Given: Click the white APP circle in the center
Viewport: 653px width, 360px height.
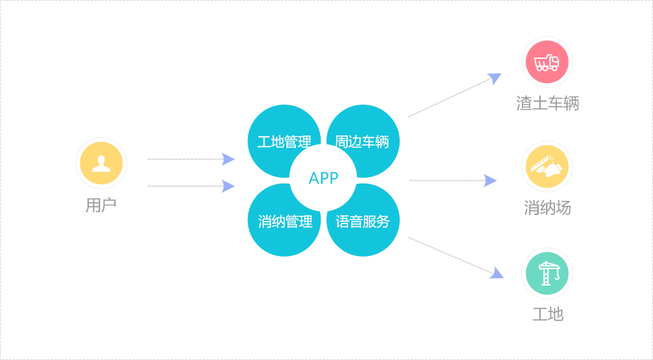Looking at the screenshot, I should pyautogui.click(x=323, y=178).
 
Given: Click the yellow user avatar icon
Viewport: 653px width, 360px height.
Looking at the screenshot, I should pyautogui.click(x=101, y=163).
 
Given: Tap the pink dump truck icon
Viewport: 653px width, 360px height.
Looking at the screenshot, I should pyautogui.click(x=547, y=62).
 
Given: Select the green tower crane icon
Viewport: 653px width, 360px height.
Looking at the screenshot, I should pyautogui.click(x=547, y=273).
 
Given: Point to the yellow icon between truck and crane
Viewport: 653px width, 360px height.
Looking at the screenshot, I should pyautogui.click(x=547, y=167).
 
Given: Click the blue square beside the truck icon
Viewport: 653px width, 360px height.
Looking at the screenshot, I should pyautogui.click(x=494, y=80).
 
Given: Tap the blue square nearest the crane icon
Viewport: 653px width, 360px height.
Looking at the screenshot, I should pyautogui.click(x=496, y=272).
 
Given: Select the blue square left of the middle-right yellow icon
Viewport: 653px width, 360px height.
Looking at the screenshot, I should pyautogui.click(x=490, y=180).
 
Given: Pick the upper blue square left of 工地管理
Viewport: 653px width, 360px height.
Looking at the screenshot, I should pyautogui.click(x=228, y=159).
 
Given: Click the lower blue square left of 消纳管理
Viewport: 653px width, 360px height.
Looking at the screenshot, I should pyautogui.click(x=228, y=186).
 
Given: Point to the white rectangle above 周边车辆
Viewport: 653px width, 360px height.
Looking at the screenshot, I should pyautogui.click(x=449, y=97).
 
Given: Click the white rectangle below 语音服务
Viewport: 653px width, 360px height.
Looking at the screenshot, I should pyautogui.click(x=449, y=255).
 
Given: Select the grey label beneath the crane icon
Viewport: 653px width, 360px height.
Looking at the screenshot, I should pyautogui.click(x=547, y=314).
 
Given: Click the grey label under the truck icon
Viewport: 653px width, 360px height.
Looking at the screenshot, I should pyautogui.click(x=547, y=103).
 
